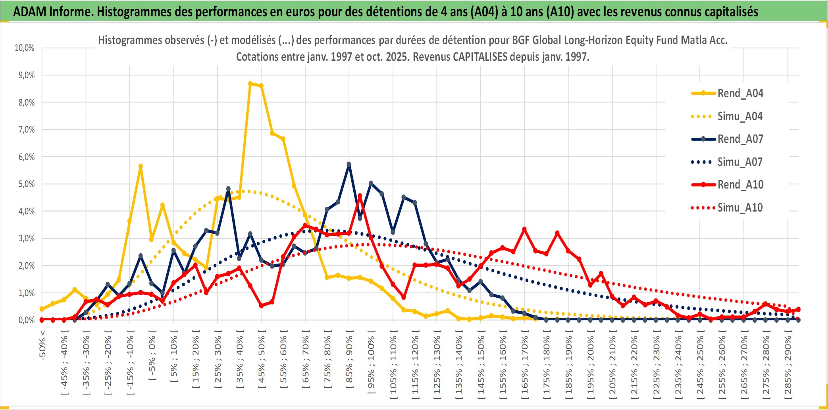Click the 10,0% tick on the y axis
pyautogui.click(x=25, y=48)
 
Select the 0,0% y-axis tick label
pyautogui.click(x=27, y=320)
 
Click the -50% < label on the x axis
pyautogui.click(x=42, y=345)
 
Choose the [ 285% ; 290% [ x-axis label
pyautogui.click(x=788, y=367)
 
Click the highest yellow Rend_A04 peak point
pyautogui.click(x=250, y=84)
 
